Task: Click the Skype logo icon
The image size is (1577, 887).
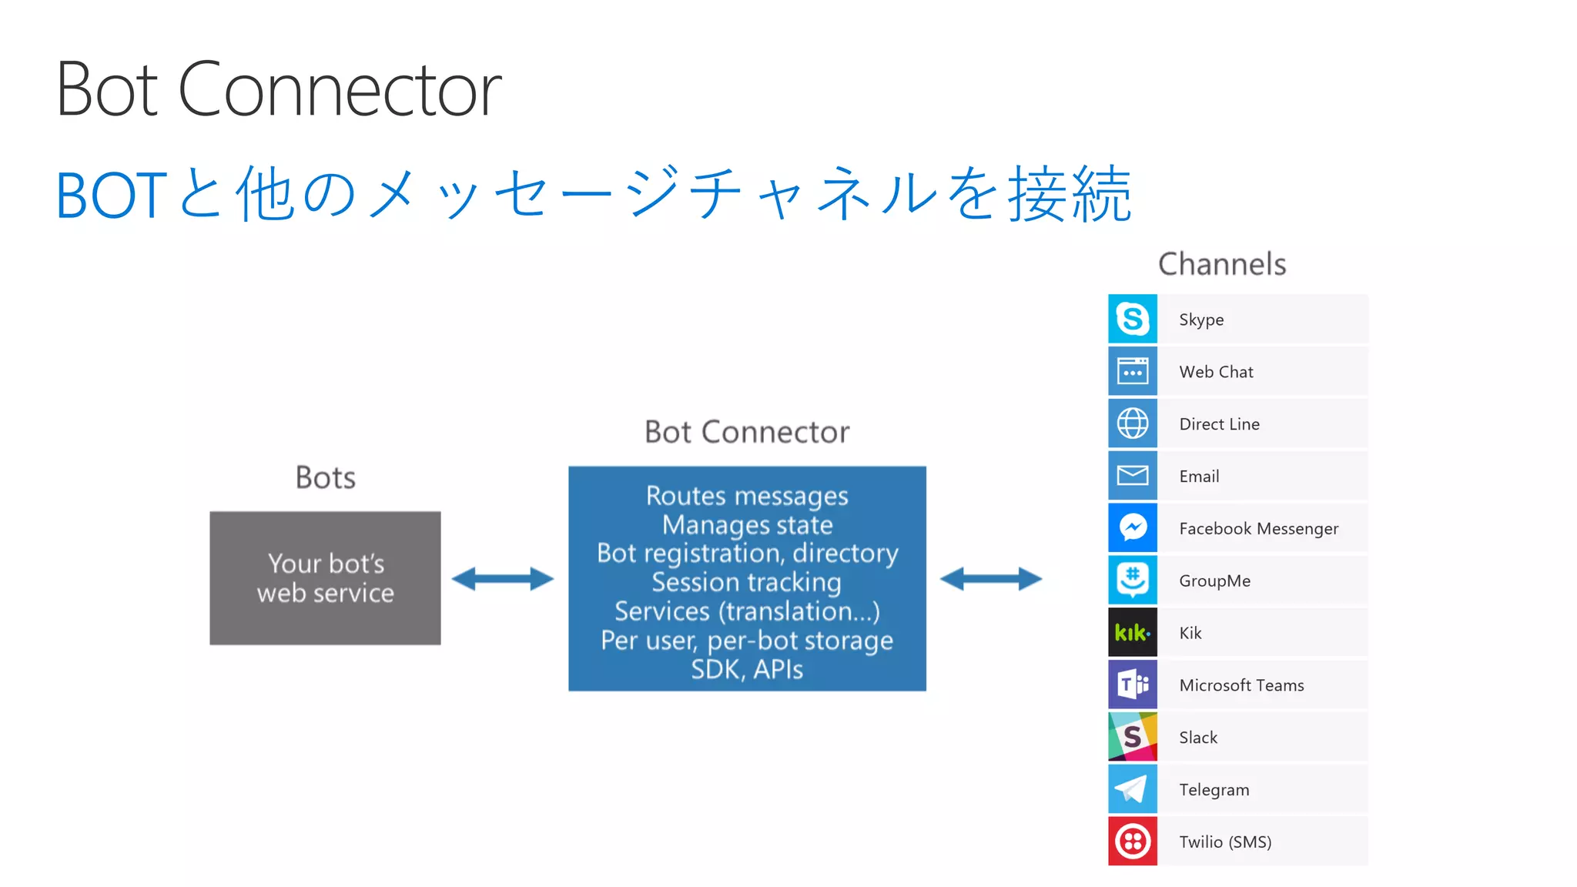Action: [1132, 319]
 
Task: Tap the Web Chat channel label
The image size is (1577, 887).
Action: [1216, 372]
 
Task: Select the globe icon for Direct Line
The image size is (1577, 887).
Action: [1132, 423]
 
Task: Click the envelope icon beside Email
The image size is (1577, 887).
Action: [1132, 476]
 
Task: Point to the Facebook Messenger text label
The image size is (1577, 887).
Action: [1258, 528]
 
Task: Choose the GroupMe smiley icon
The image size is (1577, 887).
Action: [1132, 580]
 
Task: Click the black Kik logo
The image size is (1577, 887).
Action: [1132, 632]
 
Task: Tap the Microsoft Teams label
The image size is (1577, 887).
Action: [1241, 685]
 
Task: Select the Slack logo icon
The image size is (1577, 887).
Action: [1132, 737]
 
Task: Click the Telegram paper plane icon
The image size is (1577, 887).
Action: [1132, 789]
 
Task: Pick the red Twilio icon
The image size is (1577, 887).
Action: [1132, 842]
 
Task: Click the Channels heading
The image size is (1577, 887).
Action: [1222, 264]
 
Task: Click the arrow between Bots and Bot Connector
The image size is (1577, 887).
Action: [502, 579]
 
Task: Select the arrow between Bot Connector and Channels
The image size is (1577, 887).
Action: [991, 579]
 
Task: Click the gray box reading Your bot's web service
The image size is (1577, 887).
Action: [325, 578]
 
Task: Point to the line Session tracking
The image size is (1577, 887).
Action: [746, 582]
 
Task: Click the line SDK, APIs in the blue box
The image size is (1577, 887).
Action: [746, 669]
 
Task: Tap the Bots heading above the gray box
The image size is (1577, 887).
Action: [325, 477]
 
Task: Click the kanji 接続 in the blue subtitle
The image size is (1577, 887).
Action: [1070, 195]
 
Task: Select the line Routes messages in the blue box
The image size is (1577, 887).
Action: [746, 496]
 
